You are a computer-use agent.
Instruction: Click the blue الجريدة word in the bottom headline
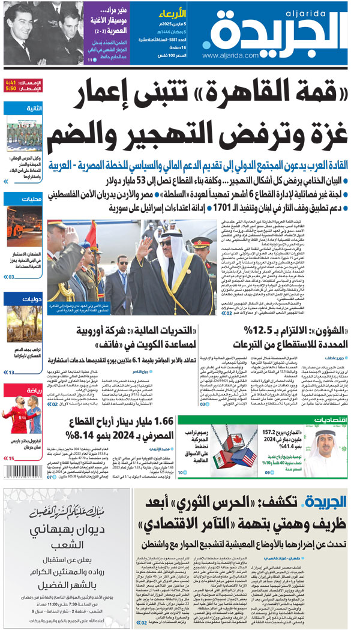point(328,503)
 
